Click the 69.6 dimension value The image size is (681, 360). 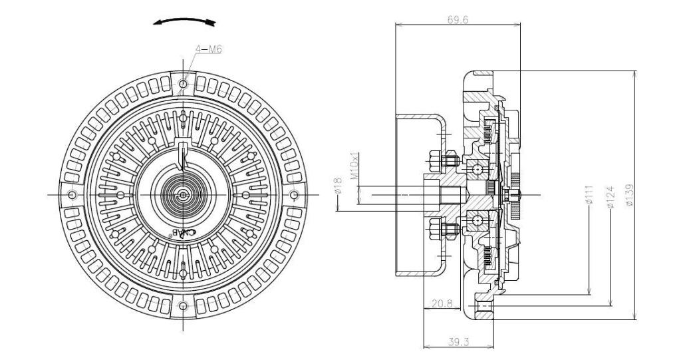coord(458,20)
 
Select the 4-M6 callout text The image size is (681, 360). coord(208,49)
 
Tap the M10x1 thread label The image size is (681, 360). coord(354,165)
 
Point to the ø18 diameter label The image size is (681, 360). coord(340,186)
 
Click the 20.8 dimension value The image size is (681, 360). coord(442,303)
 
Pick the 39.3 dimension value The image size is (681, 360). coord(458,342)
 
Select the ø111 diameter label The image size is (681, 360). coord(589,195)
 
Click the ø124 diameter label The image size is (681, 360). coord(611,198)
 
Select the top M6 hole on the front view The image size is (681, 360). coord(184,84)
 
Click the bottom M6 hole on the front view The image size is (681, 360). coord(184,305)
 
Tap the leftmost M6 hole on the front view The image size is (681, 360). coord(72,194)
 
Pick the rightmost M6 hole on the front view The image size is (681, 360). coord(294,194)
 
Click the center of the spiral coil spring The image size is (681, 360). coord(184,194)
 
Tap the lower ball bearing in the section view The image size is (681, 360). coord(477,221)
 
